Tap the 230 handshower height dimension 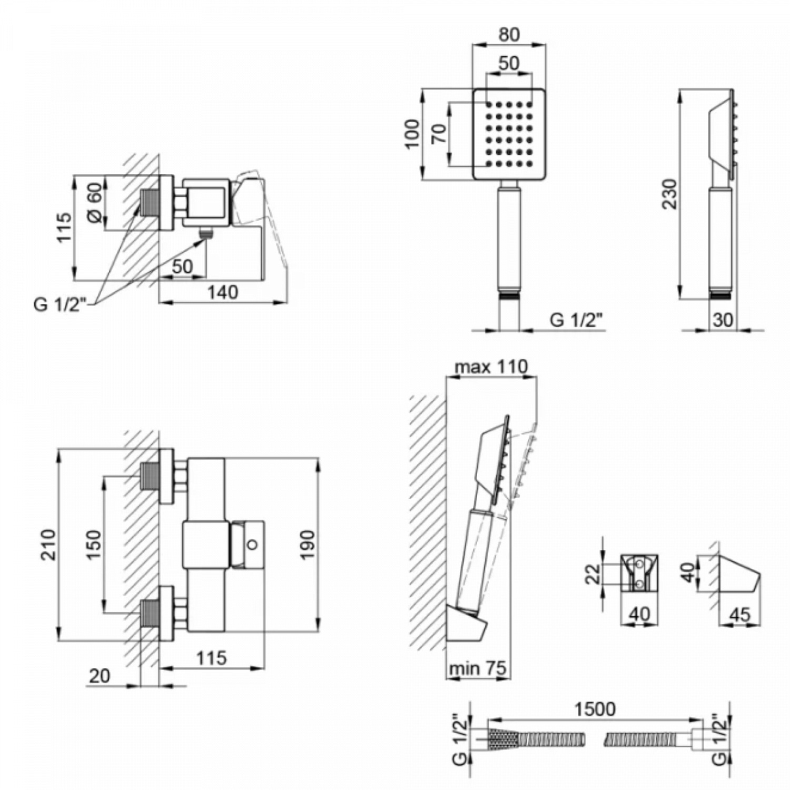tap(669, 194)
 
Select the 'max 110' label tap(491, 366)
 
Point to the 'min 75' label tap(477, 668)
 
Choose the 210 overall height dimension tap(48, 545)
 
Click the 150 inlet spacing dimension tap(93, 545)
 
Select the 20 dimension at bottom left tap(100, 675)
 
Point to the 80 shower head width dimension tap(509, 34)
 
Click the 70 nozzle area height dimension tap(439, 134)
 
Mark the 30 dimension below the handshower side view tap(723, 320)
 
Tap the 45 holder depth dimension tap(740, 614)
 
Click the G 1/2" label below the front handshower tap(577, 320)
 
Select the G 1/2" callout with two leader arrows tap(60, 304)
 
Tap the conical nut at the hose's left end tap(502, 739)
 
